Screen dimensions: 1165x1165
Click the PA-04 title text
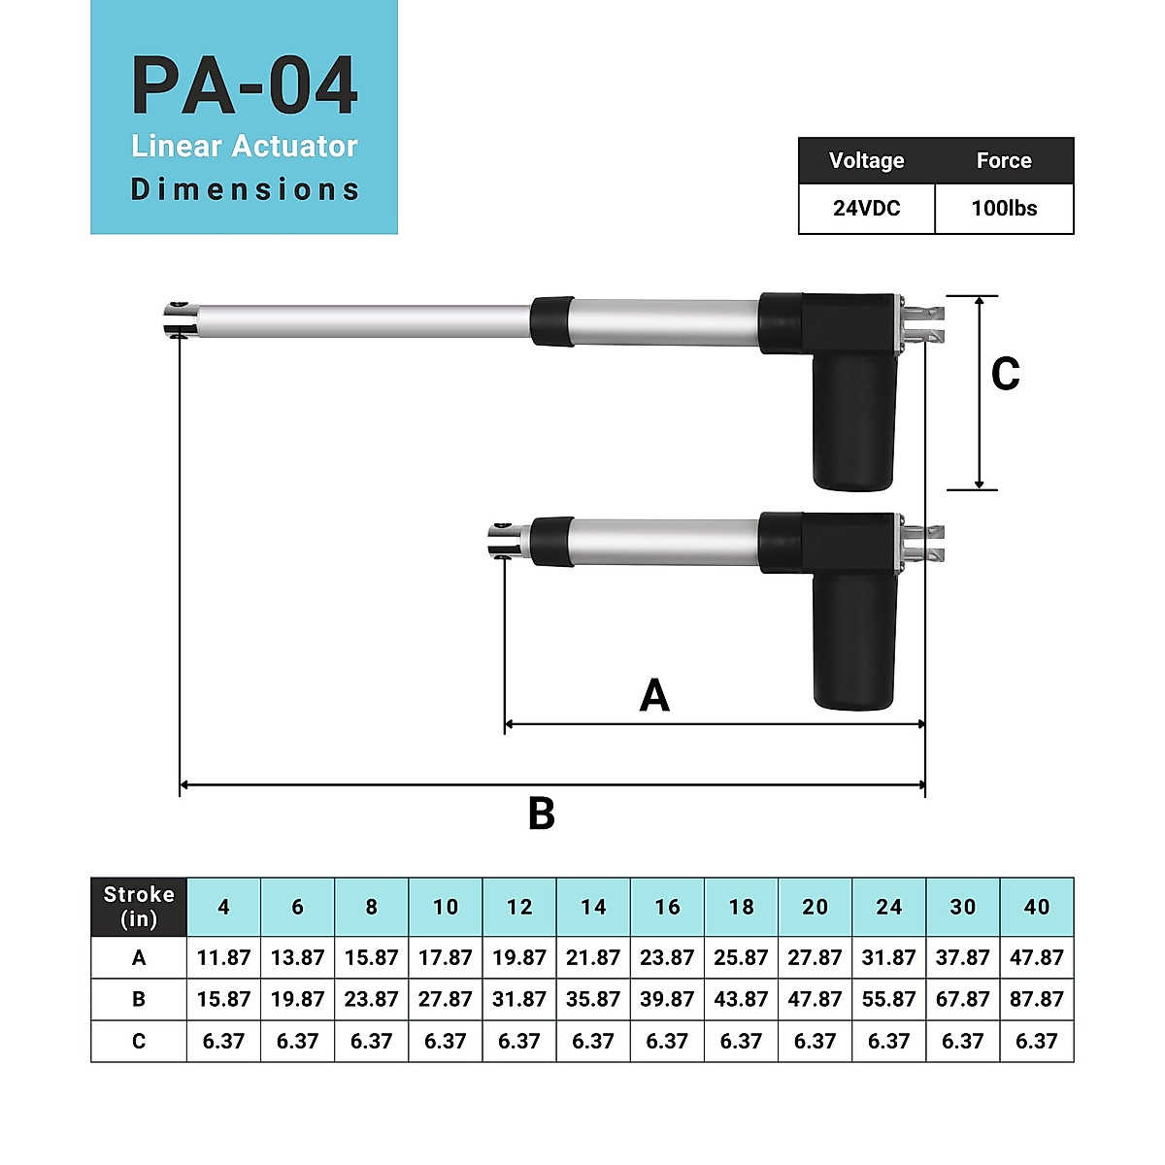(245, 86)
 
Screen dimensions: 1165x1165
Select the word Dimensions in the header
(245, 189)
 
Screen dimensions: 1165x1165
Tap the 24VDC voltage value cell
(866, 209)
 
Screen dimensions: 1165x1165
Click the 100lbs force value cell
(1004, 209)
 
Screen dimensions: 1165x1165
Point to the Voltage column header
(866, 161)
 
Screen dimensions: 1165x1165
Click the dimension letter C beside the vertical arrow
(1005, 375)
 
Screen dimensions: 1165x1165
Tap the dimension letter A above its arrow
(654, 696)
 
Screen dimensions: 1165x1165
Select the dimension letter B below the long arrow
(541, 814)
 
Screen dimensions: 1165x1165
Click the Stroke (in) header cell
(139, 907)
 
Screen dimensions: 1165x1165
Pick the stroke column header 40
(1036, 907)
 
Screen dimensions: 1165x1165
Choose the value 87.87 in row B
(1036, 999)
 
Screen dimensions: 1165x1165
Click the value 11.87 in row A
(223, 957)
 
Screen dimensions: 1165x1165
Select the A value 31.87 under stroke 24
(888, 957)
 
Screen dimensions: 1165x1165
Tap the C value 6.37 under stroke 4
(223, 1041)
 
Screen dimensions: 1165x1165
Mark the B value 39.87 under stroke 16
(667, 999)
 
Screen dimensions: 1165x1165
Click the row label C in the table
(139, 1041)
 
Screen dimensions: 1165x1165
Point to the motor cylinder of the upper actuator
(853, 422)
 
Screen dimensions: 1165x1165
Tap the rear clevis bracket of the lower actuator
(925, 544)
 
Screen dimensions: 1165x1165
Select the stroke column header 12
(519, 907)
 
